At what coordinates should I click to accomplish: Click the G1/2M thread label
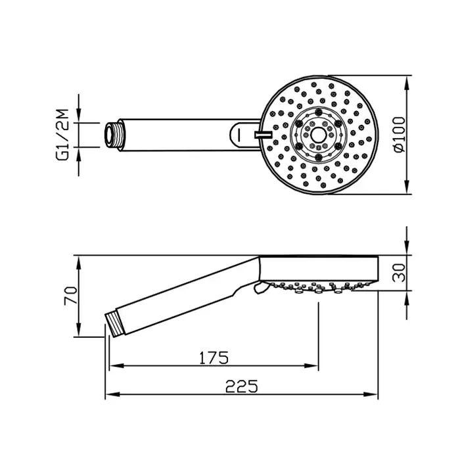62,135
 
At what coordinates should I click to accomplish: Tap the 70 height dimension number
71,296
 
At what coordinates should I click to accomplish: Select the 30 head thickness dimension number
400,273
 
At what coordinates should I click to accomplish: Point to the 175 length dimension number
214,357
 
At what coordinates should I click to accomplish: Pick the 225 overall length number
241,386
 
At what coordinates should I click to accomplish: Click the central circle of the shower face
318,135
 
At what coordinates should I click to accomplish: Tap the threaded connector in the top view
112,135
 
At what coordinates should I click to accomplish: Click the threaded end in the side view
115,324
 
